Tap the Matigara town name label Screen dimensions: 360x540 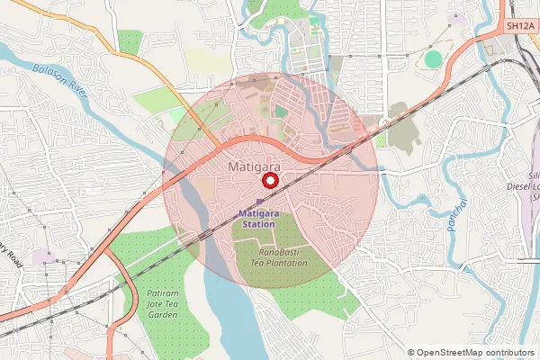click(255, 167)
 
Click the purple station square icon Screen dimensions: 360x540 click(260, 202)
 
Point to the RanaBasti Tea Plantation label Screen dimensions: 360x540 click(278, 257)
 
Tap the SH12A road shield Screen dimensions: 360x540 click(520, 27)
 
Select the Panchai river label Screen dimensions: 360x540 click(455, 215)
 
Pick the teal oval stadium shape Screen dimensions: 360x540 click(434, 59)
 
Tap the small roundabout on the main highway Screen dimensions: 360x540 click(384, 122)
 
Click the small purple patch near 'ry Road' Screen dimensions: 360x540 click(42, 257)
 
